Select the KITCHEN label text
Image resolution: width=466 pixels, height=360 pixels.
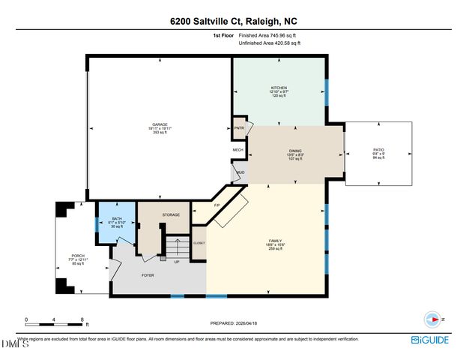click(279, 88)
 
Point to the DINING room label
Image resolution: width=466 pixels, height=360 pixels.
click(295, 151)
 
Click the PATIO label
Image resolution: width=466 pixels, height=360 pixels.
click(378, 151)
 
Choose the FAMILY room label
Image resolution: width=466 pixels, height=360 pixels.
click(264, 241)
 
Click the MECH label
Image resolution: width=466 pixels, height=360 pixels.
click(238, 150)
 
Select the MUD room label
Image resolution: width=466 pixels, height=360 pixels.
click(240, 173)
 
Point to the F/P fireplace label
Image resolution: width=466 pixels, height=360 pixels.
click(217, 205)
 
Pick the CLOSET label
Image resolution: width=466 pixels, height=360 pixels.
click(199, 243)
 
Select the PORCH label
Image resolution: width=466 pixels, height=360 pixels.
click(78, 256)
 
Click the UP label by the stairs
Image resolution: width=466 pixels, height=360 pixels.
click(176, 262)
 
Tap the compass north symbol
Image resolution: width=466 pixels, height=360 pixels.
click(432, 318)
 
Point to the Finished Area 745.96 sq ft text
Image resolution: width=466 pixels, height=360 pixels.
click(269, 35)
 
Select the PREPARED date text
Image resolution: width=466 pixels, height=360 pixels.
click(233, 324)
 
